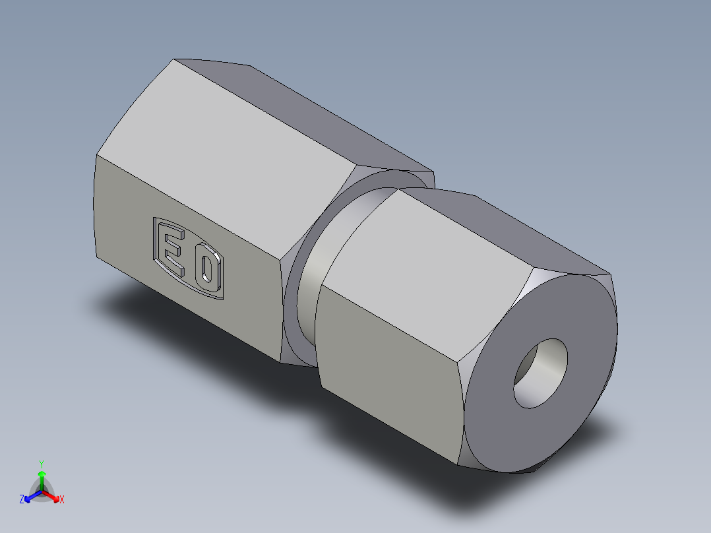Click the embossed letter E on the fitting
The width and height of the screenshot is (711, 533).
click(173, 249)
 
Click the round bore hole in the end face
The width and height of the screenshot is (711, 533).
click(541, 373)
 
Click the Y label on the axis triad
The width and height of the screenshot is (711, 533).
click(41, 463)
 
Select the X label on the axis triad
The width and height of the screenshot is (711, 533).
click(62, 499)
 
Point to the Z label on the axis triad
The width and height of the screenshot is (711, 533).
click(22, 499)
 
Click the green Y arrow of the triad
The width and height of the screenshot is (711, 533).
click(42, 478)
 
